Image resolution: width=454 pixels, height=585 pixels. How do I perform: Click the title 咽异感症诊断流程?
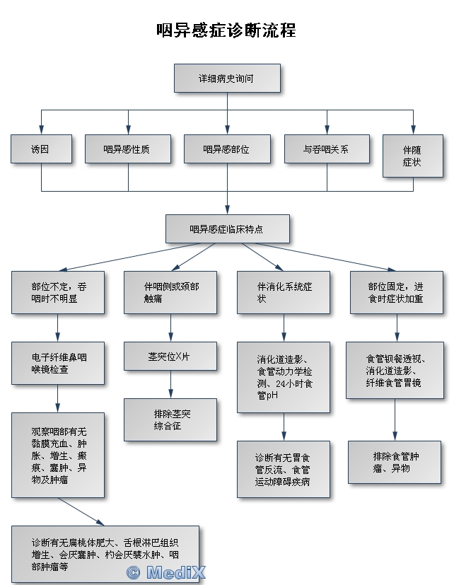[x=226, y=30]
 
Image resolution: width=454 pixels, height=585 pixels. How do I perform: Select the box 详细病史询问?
[x=227, y=78]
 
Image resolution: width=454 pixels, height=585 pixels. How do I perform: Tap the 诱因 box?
[x=41, y=149]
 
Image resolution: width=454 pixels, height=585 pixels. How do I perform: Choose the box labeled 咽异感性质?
[x=127, y=149]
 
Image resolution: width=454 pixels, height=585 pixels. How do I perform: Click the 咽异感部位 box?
[x=226, y=149]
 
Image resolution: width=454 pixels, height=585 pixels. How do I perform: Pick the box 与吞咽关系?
[x=327, y=149]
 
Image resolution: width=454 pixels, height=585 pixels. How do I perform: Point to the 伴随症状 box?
[x=412, y=156]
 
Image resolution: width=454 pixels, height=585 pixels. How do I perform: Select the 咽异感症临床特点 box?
[x=228, y=228]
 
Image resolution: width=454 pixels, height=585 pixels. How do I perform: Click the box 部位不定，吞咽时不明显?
[x=58, y=292]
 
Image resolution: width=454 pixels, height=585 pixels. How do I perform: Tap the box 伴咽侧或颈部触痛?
[x=170, y=292]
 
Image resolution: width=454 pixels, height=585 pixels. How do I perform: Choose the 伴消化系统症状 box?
[x=284, y=292]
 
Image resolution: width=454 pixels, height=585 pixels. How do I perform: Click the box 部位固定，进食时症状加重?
[x=397, y=292]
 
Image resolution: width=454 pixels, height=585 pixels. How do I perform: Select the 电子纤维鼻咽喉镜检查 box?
[x=58, y=363]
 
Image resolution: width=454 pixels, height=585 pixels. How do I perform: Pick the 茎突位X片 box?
[x=170, y=356]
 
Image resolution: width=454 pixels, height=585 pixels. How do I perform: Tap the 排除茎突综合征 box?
[x=170, y=419]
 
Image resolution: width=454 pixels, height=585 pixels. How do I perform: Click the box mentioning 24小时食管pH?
[x=284, y=376]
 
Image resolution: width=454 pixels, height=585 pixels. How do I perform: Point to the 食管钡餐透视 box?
[x=394, y=370]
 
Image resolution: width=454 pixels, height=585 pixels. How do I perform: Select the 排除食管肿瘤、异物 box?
[x=394, y=462]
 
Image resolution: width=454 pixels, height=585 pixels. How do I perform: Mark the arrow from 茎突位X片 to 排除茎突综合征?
[x=170, y=384]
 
